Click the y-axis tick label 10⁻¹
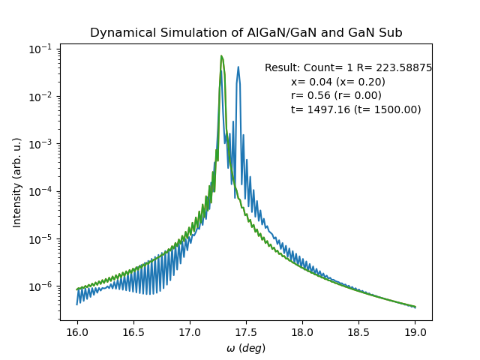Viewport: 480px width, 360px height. (42, 49)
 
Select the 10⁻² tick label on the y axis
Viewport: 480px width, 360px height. (42, 96)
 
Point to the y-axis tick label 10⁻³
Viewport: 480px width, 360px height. (42, 144)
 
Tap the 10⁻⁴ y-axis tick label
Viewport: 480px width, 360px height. (42, 191)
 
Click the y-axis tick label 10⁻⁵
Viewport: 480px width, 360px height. (42, 239)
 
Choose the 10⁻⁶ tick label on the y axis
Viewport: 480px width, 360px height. (42, 286)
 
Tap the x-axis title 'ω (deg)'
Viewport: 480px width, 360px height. (246, 348)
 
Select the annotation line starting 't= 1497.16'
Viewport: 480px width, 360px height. (355, 109)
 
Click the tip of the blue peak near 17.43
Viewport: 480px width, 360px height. (238, 67)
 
